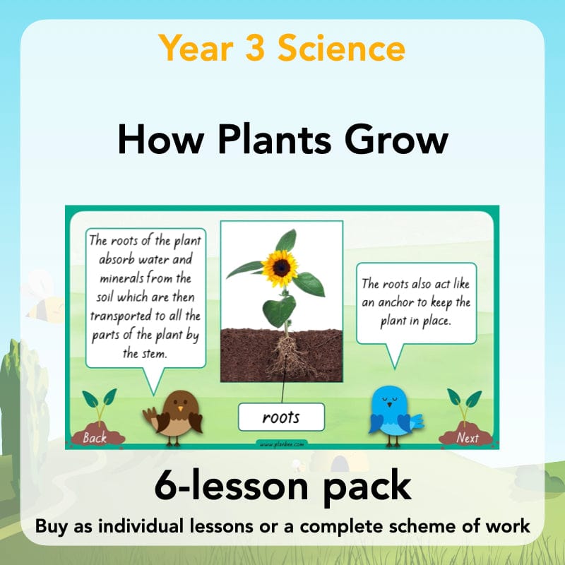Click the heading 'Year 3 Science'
[282, 49]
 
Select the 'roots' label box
[281, 417]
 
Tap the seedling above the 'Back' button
[99, 404]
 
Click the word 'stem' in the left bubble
[154, 353]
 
